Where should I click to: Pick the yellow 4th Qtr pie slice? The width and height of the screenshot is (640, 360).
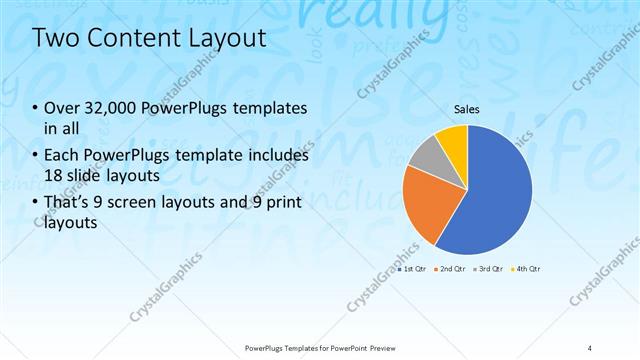(x=454, y=139)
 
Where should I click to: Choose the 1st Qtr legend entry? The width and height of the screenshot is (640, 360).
(x=413, y=269)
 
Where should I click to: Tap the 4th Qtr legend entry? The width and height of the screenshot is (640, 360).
(x=527, y=269)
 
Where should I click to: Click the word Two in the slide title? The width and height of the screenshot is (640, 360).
(x=53, y=39)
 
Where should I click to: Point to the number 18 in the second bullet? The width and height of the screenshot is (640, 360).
(x=55, y=175)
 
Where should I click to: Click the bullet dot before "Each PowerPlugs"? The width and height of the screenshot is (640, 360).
(x=36, y=157)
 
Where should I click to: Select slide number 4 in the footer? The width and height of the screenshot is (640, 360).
(x=590, y=348)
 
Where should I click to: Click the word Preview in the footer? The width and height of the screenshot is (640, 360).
(x=379, y=348)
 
